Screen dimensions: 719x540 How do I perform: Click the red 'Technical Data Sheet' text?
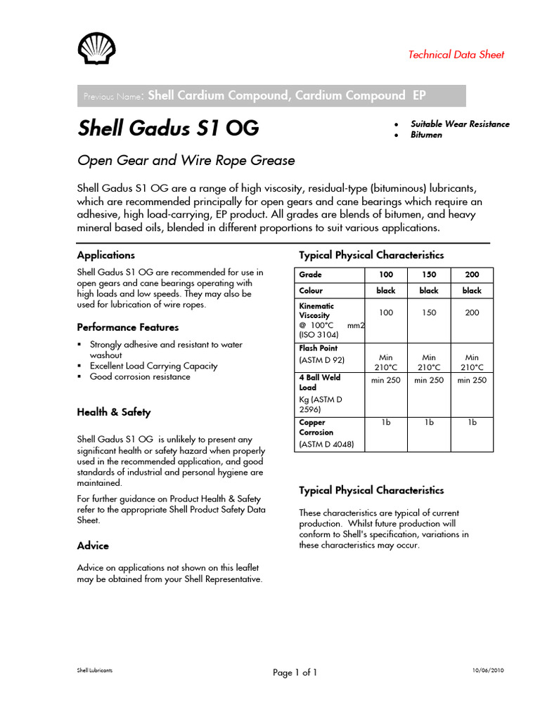click(x=456, y=55)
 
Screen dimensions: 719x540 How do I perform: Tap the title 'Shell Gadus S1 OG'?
click(x=168, y=128)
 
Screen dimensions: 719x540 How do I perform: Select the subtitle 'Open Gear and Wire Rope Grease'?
click(x=186, y=160)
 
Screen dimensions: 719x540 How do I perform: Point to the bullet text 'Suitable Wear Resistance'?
click(x=460, y=124)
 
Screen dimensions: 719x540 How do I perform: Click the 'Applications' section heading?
click(x=106, y=255)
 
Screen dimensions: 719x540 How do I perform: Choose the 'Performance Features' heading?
click(x=128, y=327)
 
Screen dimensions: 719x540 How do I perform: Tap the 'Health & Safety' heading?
click(x=114, y=412)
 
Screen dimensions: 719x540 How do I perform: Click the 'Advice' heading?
click(x=93, y=546)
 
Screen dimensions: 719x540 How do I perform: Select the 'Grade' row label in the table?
click(x=311, y=275)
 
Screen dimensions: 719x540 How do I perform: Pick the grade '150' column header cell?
click(x=429, y=275)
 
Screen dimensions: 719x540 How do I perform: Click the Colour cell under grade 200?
click(x=472, y=290)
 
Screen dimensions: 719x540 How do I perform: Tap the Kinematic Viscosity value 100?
click(x=386, y=312)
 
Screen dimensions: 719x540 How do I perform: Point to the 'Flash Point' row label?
click(x=319, y=348)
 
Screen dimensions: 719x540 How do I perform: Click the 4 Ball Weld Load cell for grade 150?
click(x=429, y=380)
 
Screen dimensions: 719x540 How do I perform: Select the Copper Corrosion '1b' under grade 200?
click(x=472, y=422)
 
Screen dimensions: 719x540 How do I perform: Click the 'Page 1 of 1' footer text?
click(x=295, y=673)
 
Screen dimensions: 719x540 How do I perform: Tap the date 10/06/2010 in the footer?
click(x=488, y=671)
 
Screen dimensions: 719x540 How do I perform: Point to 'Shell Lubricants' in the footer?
click(x=94, y=671)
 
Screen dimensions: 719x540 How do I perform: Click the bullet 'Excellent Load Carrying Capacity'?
click(x=153, y=366)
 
